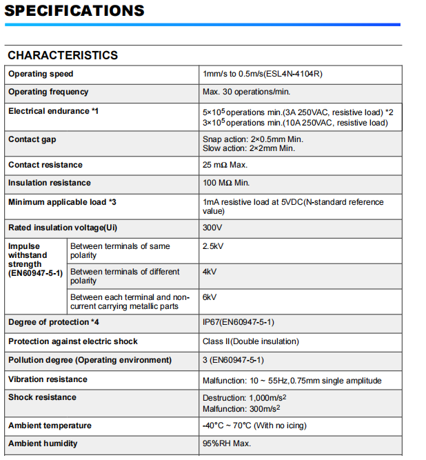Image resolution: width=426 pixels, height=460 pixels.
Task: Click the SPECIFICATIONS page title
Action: (75, 11)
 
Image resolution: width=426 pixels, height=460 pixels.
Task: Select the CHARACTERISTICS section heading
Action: (63, 55)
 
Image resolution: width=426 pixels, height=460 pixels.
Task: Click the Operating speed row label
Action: (41, 74)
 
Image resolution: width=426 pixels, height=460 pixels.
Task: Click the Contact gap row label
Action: (32, 139)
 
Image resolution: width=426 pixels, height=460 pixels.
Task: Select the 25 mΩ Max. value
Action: (225, 165)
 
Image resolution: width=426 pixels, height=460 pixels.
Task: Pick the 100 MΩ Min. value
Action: (227, 183)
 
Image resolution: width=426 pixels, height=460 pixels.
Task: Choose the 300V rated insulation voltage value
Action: (212, 228)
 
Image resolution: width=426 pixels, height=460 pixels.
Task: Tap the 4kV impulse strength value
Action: (210, 272)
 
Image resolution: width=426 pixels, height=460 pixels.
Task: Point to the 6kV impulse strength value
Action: (210, 297)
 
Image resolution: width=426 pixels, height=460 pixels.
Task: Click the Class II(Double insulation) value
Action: (250, 341)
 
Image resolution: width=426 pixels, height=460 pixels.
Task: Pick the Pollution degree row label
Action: (90, 360)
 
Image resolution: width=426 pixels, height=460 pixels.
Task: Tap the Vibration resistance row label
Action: (48, 379)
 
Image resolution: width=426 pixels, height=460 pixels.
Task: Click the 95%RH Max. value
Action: (226, 443)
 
